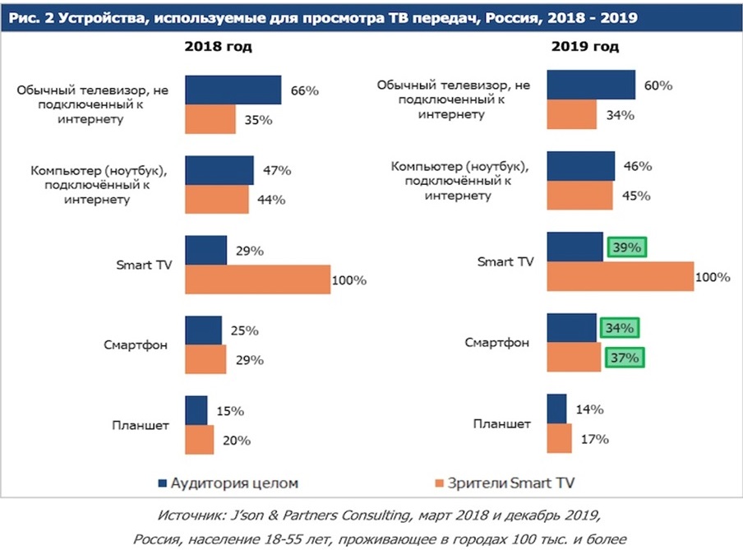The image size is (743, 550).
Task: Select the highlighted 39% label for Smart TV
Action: point(626,247)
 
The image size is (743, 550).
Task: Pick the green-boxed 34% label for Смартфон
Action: point(618,328)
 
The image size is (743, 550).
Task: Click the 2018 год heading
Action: point(218,46)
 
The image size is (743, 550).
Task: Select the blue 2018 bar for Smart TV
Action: point(205,250)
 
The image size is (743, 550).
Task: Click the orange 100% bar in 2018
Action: point(257,280)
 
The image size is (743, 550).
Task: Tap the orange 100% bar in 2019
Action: point(620,277)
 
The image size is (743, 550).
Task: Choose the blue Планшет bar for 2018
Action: point(196,410)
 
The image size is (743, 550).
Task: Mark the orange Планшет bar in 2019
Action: point(559,438)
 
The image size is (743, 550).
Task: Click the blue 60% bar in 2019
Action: point(591,85)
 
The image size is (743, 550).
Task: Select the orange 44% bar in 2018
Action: point(216,200)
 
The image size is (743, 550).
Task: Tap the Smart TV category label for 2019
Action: point(505,261)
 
